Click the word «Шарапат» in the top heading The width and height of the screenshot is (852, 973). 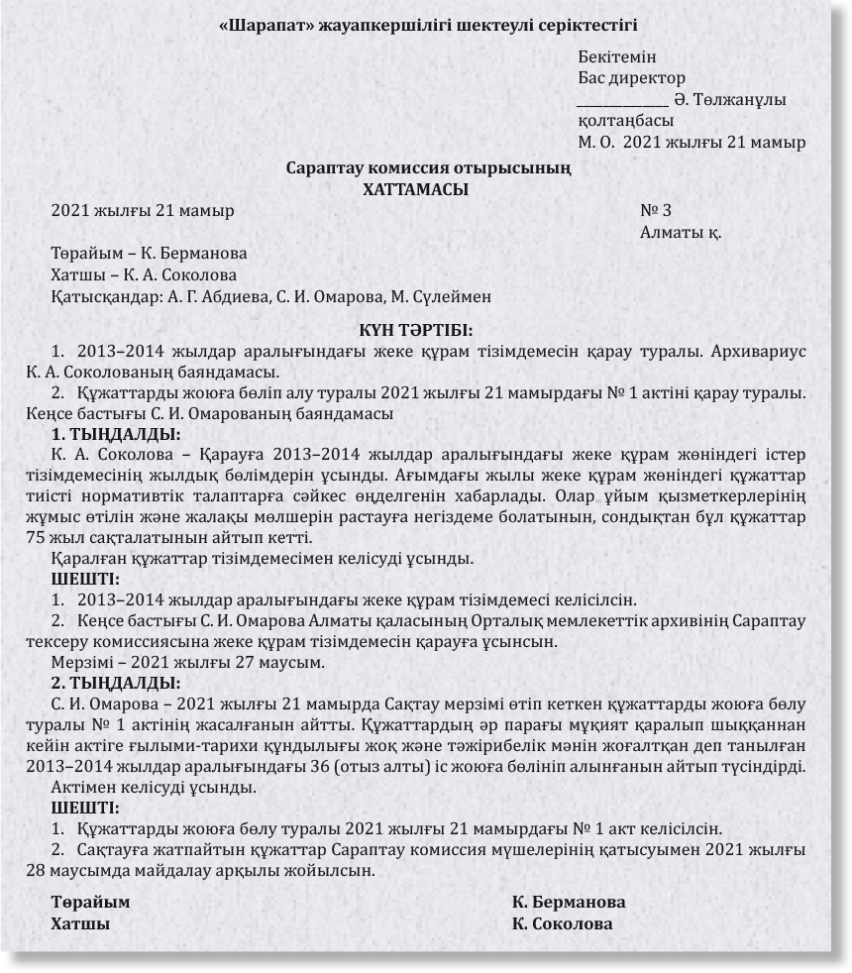point(265,24)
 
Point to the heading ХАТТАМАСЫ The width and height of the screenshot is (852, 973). point(416,189)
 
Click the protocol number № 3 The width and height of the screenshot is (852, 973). point(656,210)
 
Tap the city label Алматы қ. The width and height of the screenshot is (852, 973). point(681,232)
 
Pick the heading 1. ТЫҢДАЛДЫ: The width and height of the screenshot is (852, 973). point(115,434)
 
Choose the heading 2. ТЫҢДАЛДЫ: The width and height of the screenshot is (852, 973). point(115,683)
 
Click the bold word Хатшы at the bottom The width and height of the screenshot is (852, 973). point(80,923)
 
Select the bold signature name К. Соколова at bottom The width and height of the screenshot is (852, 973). point(563,923)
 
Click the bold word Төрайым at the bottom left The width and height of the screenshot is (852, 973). point(90,903)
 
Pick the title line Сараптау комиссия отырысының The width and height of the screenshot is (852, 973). point(428,168)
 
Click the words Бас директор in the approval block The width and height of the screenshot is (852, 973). point(631,78)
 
